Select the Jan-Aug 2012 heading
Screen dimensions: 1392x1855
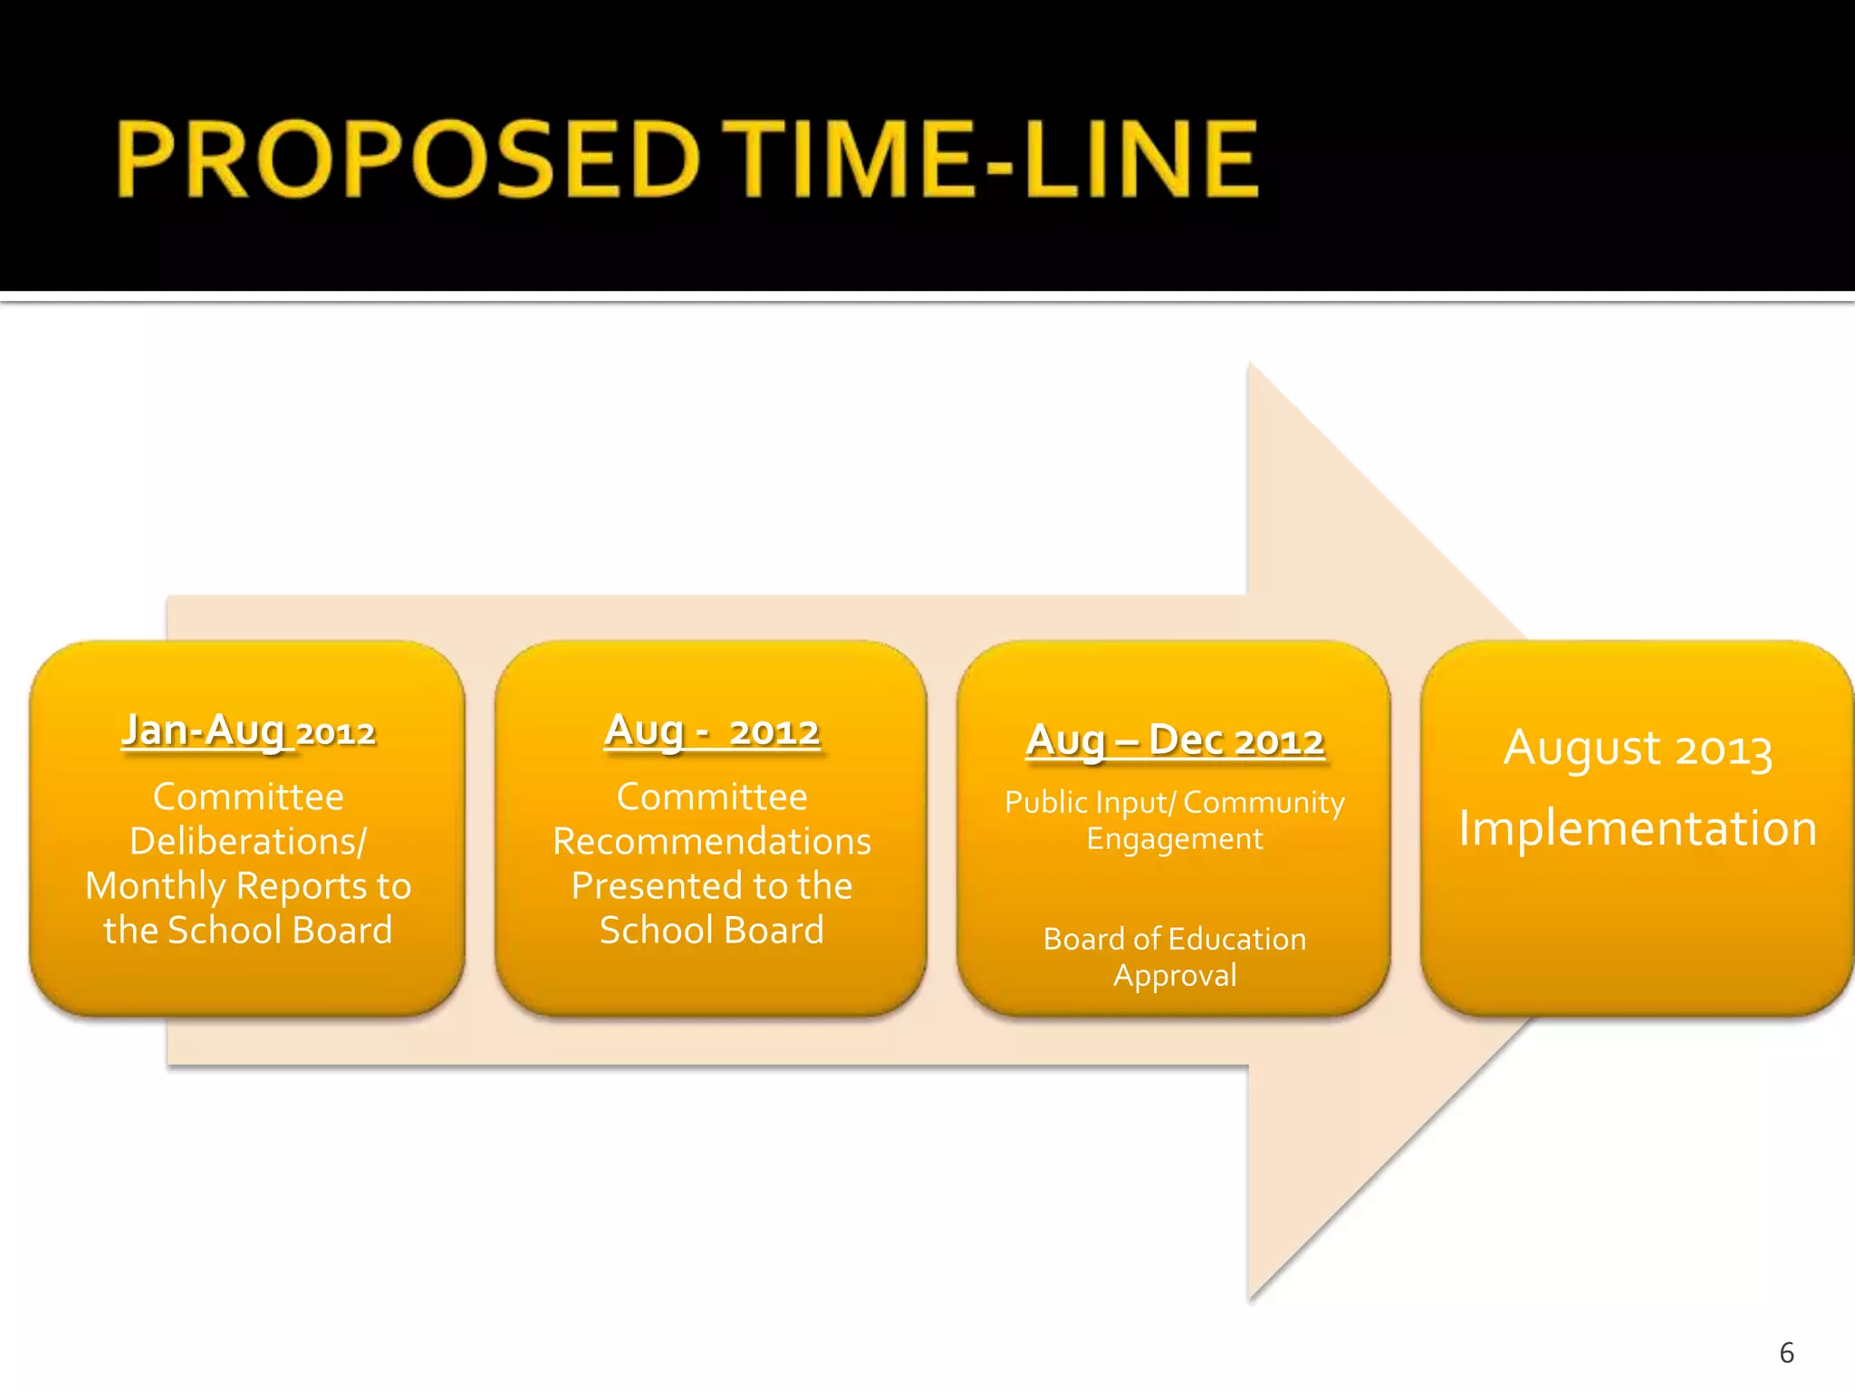[248, 730]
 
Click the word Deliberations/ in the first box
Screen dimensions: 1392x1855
[248, 841]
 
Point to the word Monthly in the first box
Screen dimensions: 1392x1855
[154, 886]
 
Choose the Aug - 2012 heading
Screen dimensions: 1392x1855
[712, 730]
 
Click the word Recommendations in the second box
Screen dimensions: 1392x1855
[712, 841]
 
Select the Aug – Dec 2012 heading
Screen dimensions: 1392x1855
[1175, 740]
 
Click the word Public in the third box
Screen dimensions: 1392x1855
[1046, 802]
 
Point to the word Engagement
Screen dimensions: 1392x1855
[1175, 839]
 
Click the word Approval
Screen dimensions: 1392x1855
[1175, 976]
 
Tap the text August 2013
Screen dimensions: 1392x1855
[1638, 749]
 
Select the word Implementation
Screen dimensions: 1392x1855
[1638, 828]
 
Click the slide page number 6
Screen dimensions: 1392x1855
[1786, 1353]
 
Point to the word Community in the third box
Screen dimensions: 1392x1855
[1264, 802]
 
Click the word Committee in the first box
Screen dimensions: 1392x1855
[248, 797]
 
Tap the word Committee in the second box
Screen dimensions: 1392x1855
[712, 797]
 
